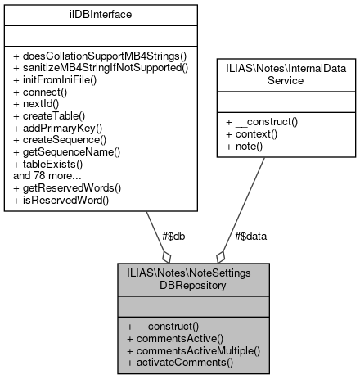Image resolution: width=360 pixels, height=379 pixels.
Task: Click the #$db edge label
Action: click(172, 235)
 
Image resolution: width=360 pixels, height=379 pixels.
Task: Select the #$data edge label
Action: click(250, 235)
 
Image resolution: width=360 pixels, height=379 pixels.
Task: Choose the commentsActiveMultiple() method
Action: click(192, 350)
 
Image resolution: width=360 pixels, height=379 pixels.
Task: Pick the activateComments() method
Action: click(179, 362)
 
